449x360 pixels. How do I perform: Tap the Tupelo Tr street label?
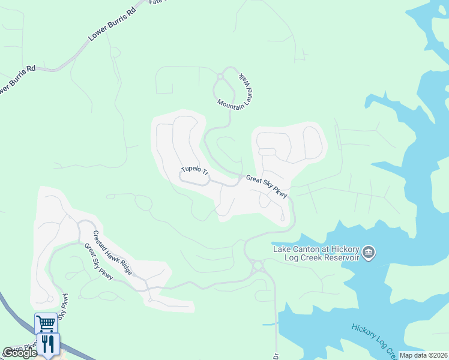pyautogui.click(x=194, y=172)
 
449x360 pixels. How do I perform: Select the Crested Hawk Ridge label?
pyautogui.click(x=112, y=252)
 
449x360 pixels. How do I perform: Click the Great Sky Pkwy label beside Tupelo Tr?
pyautogui.click(x=267, y=186)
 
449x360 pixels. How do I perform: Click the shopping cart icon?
pyautogui.click(x=46, y=323)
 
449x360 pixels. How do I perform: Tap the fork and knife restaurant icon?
pyautogui.click(x=46, y=343)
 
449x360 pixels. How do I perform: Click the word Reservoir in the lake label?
pyautogui.click(x=338, y=257)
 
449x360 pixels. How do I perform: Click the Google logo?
pyautogui.click(x=19, y=353)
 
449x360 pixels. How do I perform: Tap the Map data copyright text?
pyautogui.click(x=424, y=355)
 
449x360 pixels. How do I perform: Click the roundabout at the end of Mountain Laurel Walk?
pyautogui.click(x=220, y=76)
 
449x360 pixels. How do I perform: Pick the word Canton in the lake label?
pyautogui.click(x=309, y=249)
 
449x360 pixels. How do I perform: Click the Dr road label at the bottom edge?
pyautogui.click(x=277, y=355)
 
